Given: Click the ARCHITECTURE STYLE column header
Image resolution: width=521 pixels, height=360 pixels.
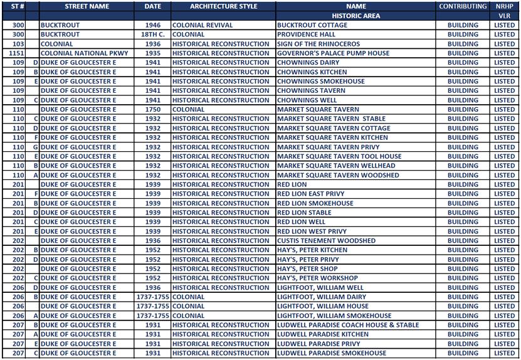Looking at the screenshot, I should coord(223,6).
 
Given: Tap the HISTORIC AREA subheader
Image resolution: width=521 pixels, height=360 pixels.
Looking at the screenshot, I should coord(355,16).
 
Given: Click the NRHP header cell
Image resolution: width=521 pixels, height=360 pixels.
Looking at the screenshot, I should coord(504,6).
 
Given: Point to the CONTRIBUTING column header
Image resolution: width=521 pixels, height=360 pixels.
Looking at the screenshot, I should coord(463,6).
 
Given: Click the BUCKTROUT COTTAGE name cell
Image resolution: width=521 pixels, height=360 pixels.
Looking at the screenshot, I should coord(312,26).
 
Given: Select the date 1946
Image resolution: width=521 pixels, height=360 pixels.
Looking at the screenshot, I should coord(152,26).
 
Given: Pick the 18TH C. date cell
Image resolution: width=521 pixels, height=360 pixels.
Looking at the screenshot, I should coord(152,35).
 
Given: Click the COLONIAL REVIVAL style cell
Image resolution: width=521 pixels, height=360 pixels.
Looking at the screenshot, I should coord(202,26).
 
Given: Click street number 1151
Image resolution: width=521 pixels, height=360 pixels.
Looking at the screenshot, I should coord(18,54).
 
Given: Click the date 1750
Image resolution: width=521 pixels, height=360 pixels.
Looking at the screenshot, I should coord(152,110).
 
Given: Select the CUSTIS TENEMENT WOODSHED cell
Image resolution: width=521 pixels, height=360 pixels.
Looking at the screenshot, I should coord(326,241).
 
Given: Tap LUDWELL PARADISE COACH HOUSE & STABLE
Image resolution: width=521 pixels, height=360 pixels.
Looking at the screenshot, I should coord(347,325).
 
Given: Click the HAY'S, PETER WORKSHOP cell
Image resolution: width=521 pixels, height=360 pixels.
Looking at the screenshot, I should coord(317,278).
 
